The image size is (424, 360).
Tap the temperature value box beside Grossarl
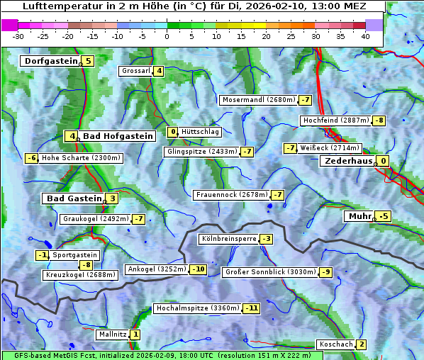[x=160, y=71]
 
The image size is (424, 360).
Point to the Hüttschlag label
[x=201, y=132]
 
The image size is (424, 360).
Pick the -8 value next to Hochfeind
[x=379, y=120]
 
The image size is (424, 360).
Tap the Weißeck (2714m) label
[x=330, y=148]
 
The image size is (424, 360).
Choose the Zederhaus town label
[x=347, y=161]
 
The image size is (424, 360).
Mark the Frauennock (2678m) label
[x=231, y=195]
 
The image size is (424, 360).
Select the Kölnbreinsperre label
[x=228, y=239]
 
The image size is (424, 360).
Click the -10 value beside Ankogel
[x=198, y=269]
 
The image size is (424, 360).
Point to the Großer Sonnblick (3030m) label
[x=269, y=272]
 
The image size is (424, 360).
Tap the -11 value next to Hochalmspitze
[x=251, y=308]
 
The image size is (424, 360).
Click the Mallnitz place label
[x=112, y=334]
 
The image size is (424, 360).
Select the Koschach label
[x=335, y=344]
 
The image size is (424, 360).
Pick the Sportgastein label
[x=75, y=255]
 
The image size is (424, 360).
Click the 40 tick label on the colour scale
[x=365, y=35]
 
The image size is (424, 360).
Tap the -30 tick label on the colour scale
[x=18, y=35]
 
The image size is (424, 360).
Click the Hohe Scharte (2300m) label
[x=81, y=158]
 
